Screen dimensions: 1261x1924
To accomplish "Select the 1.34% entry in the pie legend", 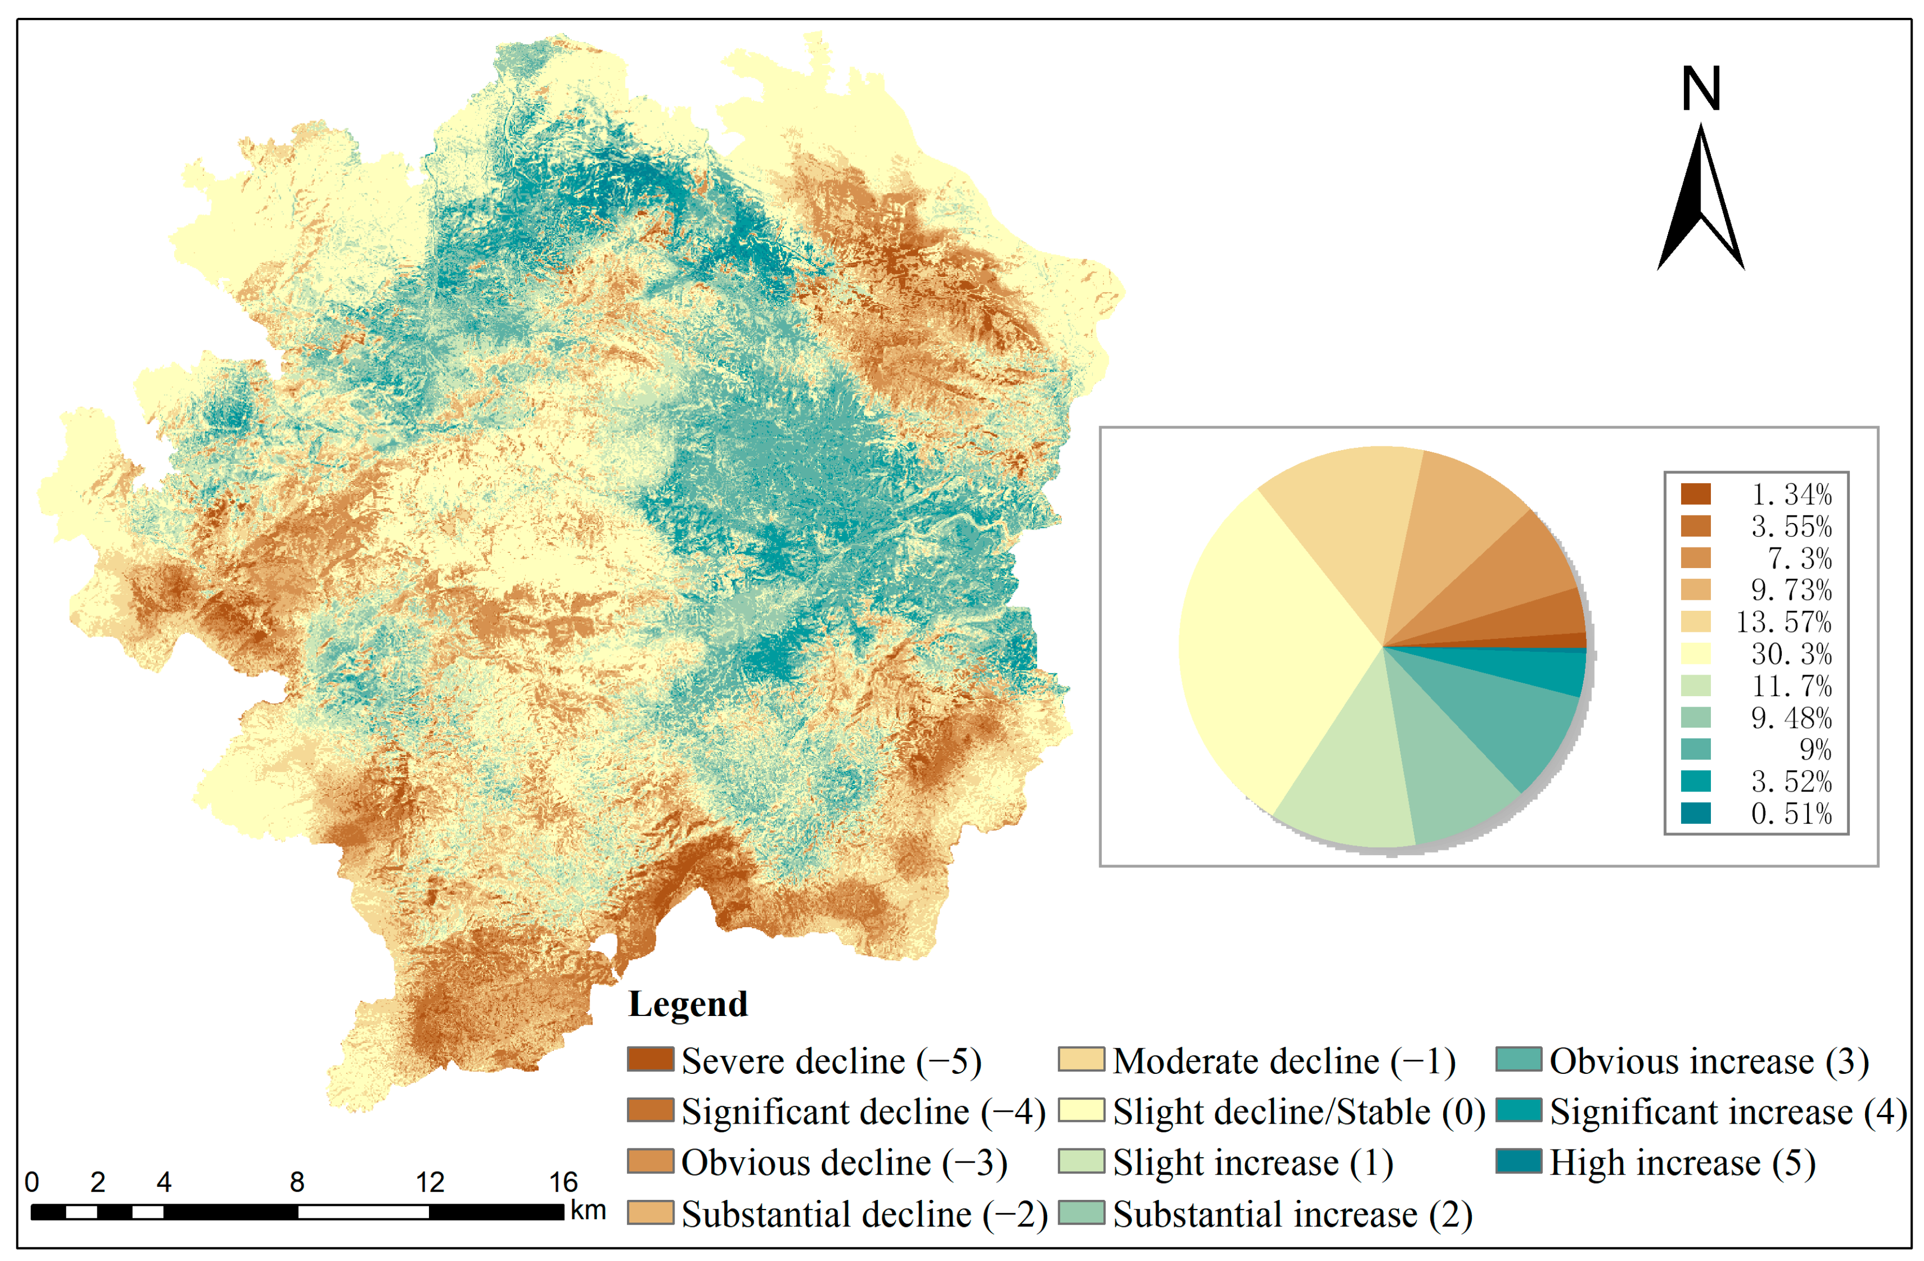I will [1790, 494].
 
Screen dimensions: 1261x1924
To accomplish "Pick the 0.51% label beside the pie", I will [1790, 813].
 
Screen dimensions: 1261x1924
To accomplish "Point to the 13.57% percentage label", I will [1783, 622].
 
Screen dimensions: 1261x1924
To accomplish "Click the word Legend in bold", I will [688, 1004].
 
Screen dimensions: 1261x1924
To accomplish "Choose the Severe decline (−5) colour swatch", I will [650, 1059].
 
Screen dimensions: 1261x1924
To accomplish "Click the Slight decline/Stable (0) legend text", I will [1298, 1112].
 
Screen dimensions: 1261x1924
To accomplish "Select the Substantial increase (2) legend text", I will [1292, 1214].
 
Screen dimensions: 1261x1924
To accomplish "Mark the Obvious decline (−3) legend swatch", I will [650, 1161].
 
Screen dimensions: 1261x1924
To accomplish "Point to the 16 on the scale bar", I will [564, 1183].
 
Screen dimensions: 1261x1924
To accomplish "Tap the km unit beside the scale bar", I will [588, 1210].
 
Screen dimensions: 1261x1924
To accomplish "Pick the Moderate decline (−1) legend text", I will [1284, 1060].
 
